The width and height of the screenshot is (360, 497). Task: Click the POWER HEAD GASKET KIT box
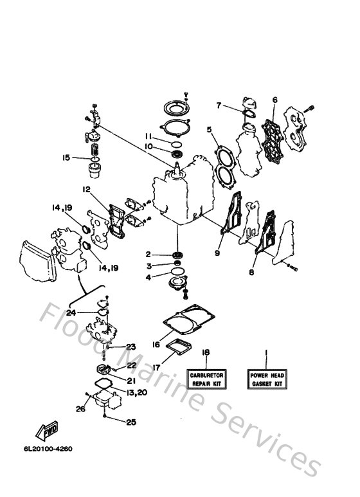(267, 379)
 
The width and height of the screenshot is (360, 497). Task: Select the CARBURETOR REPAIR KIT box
(206, 379)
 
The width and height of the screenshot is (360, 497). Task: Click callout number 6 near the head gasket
(274, 100)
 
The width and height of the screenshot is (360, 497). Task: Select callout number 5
(208, 129)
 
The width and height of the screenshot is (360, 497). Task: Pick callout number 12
(85, 189)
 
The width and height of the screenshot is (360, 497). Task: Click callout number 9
(217, 253)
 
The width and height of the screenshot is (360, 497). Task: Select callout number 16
(156, 345)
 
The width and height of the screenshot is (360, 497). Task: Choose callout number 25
(132, 422)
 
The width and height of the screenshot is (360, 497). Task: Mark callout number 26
(80, 408)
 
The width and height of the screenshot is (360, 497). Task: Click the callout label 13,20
(136, 392)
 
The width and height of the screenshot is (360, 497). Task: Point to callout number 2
(148, 255)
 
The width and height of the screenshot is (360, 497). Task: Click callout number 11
(147, 137)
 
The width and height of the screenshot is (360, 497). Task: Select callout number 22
(131, 365)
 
